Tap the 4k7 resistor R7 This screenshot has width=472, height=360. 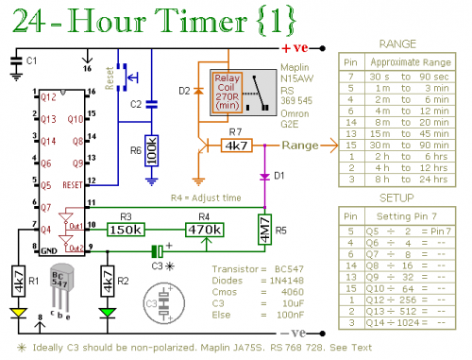[235, 146]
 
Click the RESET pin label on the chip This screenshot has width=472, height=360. [72, 185]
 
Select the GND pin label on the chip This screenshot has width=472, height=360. [48, 250]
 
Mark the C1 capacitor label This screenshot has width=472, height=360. [32, 60]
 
